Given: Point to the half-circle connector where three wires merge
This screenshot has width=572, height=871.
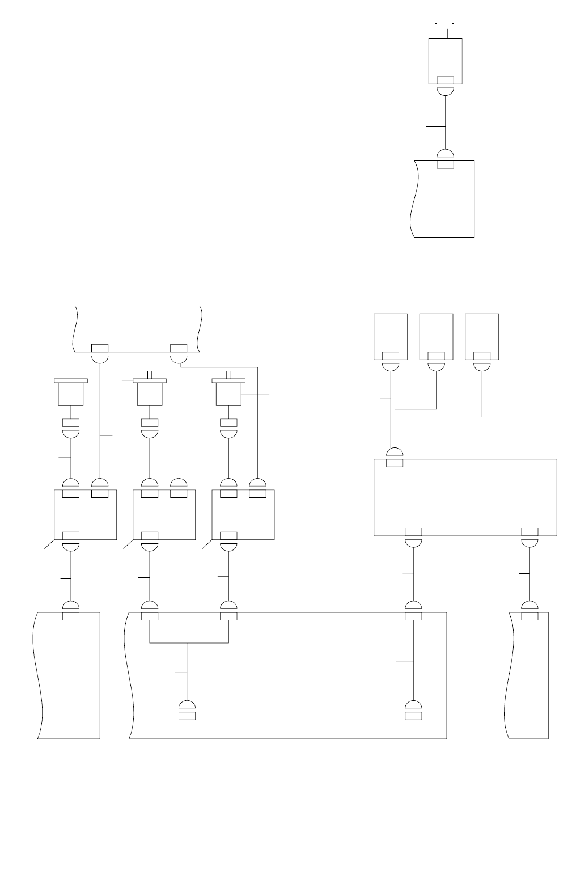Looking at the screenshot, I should (395, 453).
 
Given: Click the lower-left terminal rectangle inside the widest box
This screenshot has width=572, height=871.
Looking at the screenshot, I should (187, 716).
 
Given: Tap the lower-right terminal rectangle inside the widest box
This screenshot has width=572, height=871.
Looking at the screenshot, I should (413, 716).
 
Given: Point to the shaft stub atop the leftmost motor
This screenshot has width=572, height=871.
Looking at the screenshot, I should (71, 375).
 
